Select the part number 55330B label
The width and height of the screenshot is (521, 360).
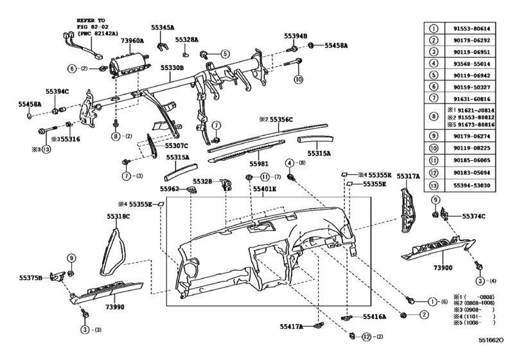(172, 67)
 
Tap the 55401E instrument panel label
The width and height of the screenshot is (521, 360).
(263, 190)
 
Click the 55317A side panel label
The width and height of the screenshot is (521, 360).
(408, 175)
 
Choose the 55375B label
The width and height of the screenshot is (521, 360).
(30, 278)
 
